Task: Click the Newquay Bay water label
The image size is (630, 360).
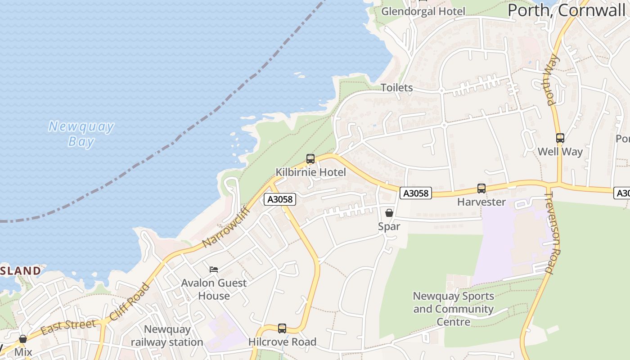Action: [81, 134]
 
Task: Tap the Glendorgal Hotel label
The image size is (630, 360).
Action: [423, 11]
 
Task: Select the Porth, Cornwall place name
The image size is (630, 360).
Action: [567, 10]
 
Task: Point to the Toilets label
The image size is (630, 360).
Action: [396, 87]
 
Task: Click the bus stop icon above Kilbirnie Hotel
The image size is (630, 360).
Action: [310, 159]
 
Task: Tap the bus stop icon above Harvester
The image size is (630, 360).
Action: [481, 189]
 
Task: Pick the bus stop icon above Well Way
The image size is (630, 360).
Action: [560, 138]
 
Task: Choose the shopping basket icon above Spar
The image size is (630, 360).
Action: [389, 213]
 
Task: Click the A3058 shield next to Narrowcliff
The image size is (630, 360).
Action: [280, 199]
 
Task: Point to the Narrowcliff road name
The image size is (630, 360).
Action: [226, 227]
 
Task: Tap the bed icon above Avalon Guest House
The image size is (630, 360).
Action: [214, 270]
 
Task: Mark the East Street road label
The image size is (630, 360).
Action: [68, 327]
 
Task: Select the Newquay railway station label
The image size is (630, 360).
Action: [167, 336]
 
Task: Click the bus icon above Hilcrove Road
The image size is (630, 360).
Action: [282, 328]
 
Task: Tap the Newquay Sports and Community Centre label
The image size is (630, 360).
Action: [453, 309]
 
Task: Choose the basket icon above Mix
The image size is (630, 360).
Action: [23, 339]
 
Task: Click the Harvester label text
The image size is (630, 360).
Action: [481, 202]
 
